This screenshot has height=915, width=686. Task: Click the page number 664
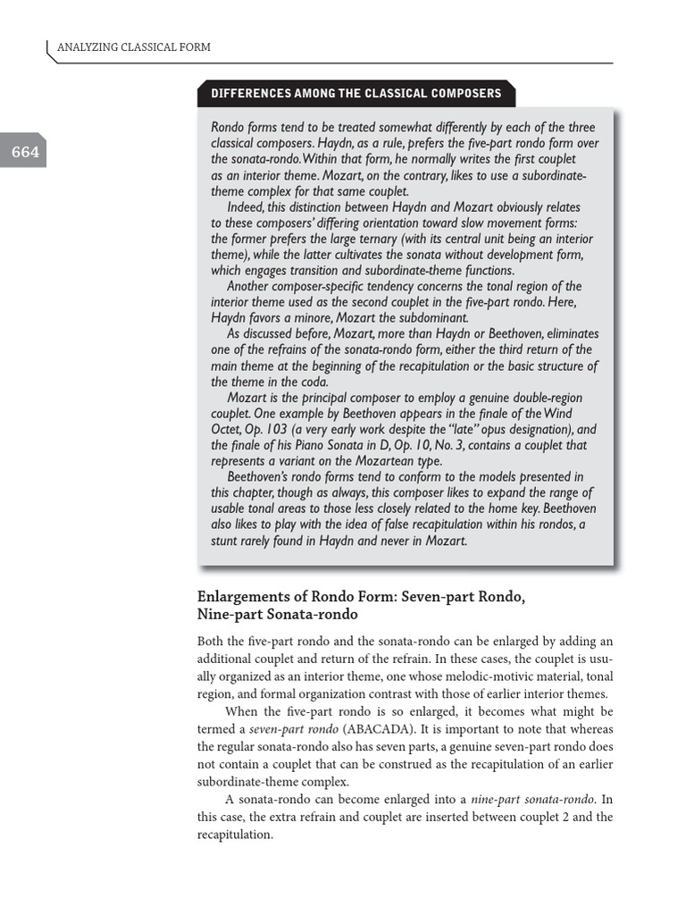coord(25,152)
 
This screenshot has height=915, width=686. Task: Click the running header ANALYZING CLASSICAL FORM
coord(133,46)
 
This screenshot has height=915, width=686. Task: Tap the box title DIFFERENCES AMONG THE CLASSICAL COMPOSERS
coord(356,93)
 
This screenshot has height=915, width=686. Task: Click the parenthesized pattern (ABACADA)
coord(374,728)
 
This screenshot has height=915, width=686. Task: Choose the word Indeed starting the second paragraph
coord(248,207)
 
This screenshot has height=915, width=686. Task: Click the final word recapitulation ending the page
coord(233,834)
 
